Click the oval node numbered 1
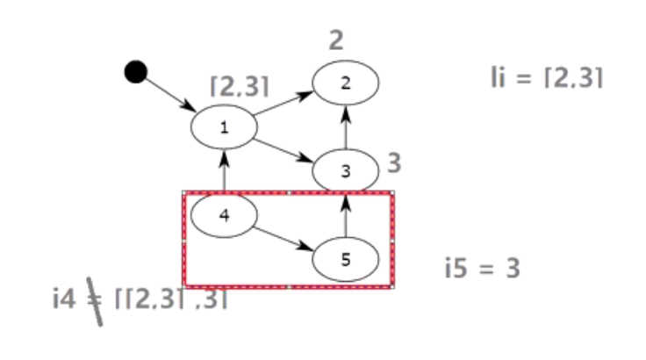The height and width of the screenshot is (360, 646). tap(225, 127)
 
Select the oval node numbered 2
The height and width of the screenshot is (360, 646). tap(346, 83)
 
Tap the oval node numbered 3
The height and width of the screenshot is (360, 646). tap(345, 171)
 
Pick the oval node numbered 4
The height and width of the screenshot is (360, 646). tap(224, 215)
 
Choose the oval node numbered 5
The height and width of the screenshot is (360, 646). tap(345, 259)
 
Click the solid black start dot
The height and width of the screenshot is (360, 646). tap(134, 71)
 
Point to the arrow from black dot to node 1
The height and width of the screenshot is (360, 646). tap(169, 92)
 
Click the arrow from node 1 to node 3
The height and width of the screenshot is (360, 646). tap(284, 148)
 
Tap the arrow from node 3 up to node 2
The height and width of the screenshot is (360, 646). tap(346, 126)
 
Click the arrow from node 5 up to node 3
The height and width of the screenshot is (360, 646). tap(345, 215)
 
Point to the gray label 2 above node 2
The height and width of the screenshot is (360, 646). tap(337, 40)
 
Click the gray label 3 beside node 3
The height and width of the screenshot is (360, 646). tap(394, 162)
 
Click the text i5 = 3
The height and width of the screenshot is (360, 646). tap(483, 269)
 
